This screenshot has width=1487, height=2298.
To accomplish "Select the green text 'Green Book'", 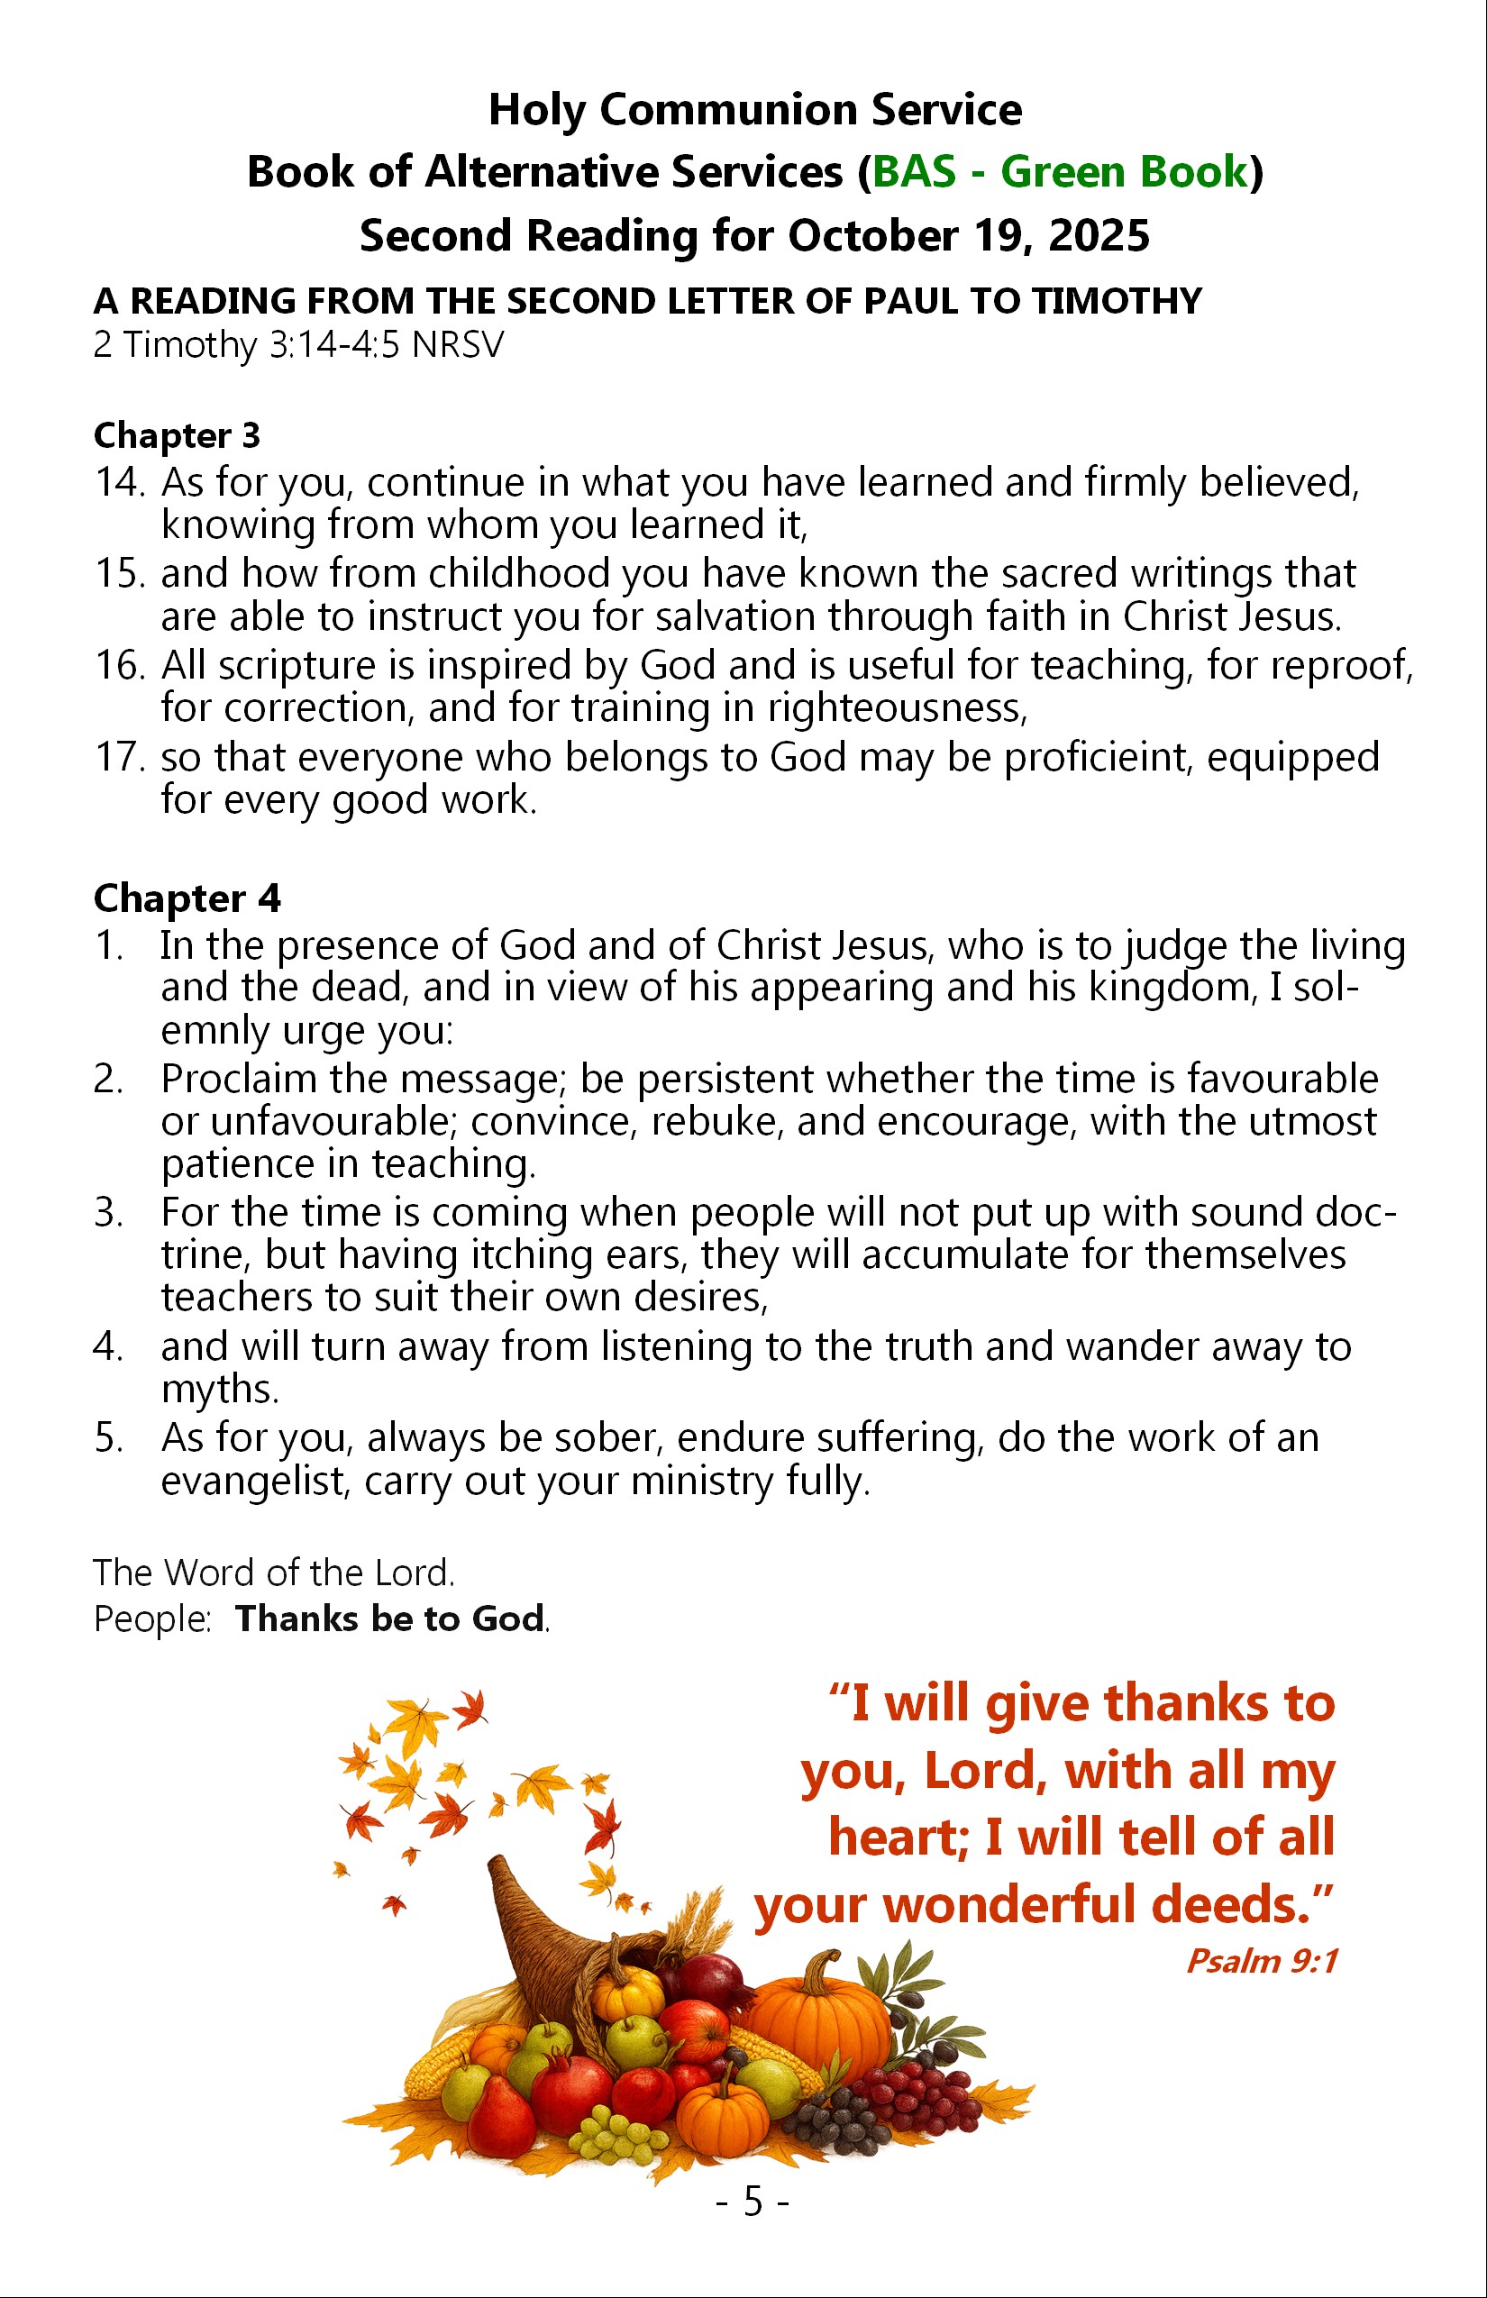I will [1124, 172].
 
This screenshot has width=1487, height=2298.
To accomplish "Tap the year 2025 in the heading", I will [1099, 235].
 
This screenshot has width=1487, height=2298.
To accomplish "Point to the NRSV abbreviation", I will [458, 344].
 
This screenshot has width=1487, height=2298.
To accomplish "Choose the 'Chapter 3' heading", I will [177, 435].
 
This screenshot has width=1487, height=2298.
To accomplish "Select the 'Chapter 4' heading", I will [187, 898].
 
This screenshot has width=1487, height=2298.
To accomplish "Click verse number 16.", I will [119, 665].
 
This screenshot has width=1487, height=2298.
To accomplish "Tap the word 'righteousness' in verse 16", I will [897, 708].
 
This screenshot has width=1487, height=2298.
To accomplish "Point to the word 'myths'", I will [219, 1390].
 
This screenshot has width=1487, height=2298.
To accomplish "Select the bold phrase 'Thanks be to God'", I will [390, 1619].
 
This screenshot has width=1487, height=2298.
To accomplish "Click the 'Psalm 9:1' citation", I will [1261, 1961].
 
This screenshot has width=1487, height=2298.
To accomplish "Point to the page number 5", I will [753, 2202].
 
